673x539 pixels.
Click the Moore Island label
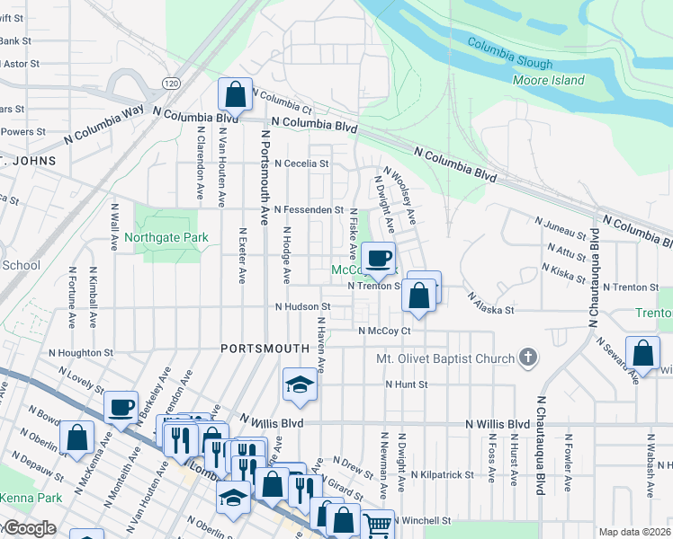548,81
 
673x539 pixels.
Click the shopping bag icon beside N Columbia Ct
234,93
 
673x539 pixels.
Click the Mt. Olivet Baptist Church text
444,360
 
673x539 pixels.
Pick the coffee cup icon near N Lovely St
120,407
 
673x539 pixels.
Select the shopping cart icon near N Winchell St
379,523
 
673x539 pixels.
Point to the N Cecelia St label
301,164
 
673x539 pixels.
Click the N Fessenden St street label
309,209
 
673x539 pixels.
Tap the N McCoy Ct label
384,331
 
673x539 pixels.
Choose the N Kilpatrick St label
442,474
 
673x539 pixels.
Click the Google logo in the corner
29,528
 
